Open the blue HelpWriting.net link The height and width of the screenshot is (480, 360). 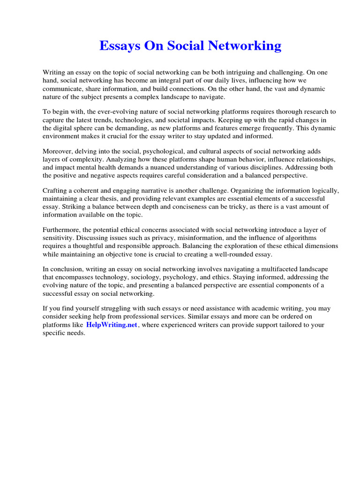pyautogui.click(x=112, y=325)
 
